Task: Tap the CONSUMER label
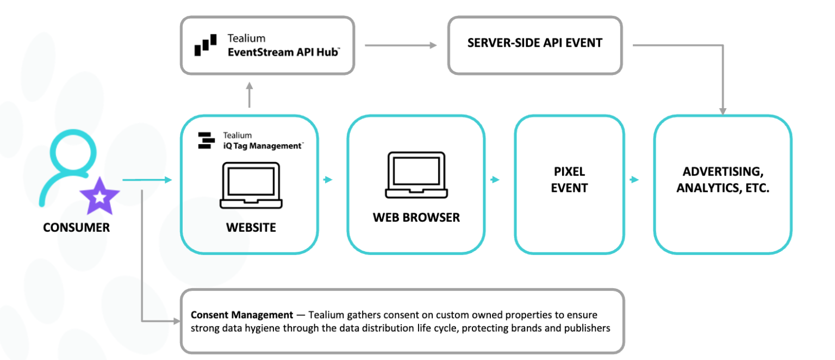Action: tap(76, 227)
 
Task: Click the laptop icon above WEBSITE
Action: tap(251, 185)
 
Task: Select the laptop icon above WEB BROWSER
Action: tap(417, 175)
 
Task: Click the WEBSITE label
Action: tap(251, 227)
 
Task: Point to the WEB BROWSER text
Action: tap(416, 218)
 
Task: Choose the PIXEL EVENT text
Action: tap(569, 180)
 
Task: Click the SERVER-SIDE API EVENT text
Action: tap(535, 43)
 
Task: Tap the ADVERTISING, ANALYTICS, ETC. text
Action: tap(722, 180)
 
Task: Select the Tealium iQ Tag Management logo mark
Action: tap(206, 140)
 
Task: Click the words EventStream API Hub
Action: tap(284, 52)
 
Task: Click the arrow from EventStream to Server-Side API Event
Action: tap(401, 45)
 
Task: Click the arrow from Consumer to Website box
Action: tap(147, 180)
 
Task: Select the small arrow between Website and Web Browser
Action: tap(328, 179)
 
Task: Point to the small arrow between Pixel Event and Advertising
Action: tap(634, 179)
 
